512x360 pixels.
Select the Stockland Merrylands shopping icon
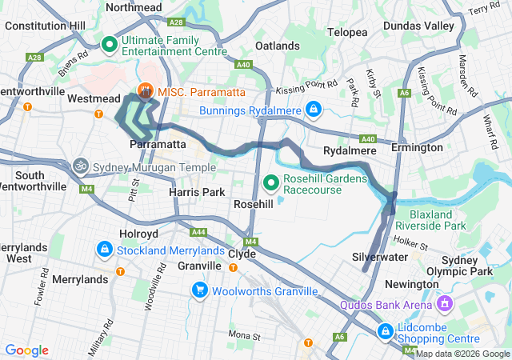104,250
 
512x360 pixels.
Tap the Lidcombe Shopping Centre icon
385,330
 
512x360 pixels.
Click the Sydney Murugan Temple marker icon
80,166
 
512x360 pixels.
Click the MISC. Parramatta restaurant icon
146,92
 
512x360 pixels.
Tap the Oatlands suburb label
276,46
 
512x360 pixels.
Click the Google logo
27,350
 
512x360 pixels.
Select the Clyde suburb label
242,254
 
